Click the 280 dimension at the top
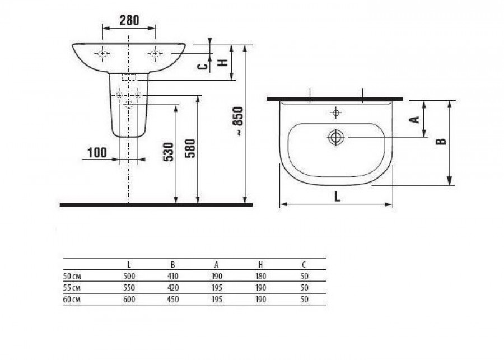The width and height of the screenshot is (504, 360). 129,21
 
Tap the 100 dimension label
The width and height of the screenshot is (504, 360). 97,152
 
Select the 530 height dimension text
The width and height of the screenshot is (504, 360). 169,152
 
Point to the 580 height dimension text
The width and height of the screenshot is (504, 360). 190,148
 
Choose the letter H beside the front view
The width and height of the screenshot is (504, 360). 223,62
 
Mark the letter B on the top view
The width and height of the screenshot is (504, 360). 441,141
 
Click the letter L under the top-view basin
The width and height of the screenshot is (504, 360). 337,196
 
